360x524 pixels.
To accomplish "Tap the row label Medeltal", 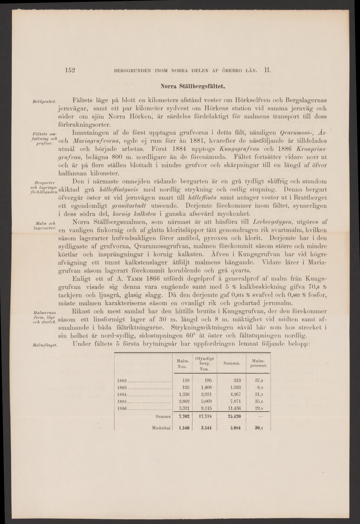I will point(160,428).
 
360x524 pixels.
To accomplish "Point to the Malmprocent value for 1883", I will point(258,387).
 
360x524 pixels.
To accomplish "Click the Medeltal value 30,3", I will point(259,428).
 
